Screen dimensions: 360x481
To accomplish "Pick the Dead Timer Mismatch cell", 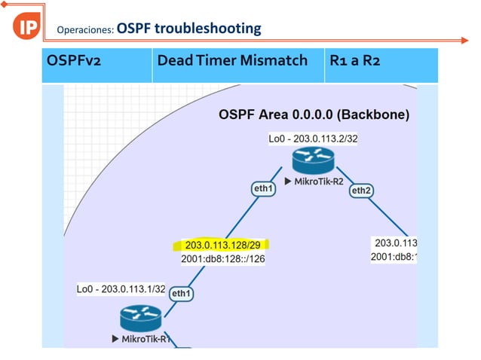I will [x=232, y=59].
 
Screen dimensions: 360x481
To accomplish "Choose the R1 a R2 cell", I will [x=355, y=59].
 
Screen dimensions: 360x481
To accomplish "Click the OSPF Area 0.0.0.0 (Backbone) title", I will [x=314, y=115].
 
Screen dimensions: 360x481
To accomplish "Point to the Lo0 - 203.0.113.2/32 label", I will [x=313, y=139].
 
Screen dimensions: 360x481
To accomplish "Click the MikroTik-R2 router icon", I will [x=314, y=159].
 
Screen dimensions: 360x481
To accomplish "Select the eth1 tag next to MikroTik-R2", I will [x=262, y=188].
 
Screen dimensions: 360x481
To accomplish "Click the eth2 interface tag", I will [x=360, y=191].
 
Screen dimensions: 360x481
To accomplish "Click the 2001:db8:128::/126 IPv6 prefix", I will [x=223, y=259].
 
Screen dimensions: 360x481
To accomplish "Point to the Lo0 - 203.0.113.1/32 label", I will [x=121, y=288].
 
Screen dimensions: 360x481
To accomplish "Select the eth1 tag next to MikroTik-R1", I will [x=181, y=293].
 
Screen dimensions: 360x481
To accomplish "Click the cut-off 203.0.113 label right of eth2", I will [x=396, y=243].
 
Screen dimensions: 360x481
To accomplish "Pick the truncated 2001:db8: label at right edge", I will [x=394, y=257].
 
